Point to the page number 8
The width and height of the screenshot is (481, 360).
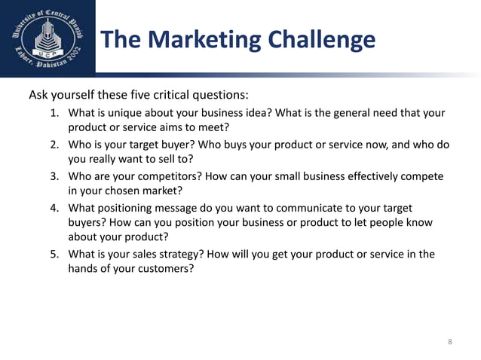point(450,342)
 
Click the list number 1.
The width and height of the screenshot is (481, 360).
point(54,113)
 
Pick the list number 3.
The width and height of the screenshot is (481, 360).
point(54,176)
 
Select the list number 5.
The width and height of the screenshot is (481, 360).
point(54,254)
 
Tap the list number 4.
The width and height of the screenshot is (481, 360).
point(54,207)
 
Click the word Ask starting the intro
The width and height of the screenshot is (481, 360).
point(38,96)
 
